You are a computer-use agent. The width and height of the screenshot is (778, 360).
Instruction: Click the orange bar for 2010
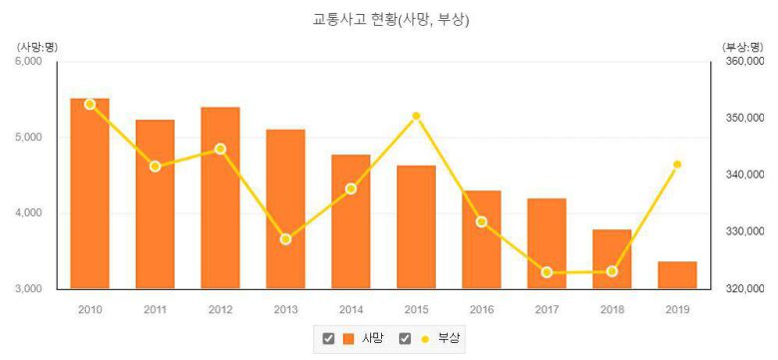tap(90, 193)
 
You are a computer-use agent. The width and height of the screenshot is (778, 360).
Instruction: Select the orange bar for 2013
tap(285, 209)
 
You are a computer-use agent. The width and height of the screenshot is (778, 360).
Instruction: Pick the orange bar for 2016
tap(482, 239)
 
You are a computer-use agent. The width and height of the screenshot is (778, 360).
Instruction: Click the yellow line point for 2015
tap(417, 117)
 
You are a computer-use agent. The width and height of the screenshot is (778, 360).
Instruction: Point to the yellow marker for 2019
tap(677, 165)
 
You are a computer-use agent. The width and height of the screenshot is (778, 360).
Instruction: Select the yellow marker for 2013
tap(285, 239)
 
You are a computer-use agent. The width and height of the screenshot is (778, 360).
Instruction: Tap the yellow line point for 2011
tap(155, 167)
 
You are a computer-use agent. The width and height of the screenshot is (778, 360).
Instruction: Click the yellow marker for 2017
tap(547, 272)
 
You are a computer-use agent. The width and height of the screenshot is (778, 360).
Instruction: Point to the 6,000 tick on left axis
tap(28, 62)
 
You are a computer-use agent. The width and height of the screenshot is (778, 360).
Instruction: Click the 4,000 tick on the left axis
tap(28, 213)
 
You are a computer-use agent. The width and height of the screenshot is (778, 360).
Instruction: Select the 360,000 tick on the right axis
tap(743, 62)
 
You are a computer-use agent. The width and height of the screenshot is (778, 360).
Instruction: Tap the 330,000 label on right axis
tap(743, 232)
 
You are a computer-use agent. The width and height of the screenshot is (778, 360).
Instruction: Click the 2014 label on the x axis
tap(350, 309)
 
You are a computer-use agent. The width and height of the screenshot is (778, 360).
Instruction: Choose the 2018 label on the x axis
tap(611, 309)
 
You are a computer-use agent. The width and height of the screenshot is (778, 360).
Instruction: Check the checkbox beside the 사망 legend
tap(328, 339)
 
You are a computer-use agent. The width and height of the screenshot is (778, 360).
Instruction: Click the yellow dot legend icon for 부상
tap(425, 339)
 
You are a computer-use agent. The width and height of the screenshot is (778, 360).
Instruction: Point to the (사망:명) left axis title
tap(35, 46)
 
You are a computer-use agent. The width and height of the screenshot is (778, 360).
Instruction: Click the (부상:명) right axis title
tap(741, 46)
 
